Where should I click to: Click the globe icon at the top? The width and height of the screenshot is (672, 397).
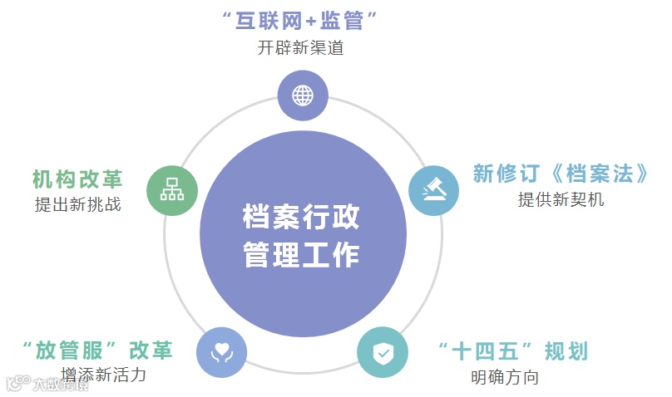click(x=302, y=95)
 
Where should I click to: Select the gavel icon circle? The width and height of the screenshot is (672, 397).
click(x=433, y=191)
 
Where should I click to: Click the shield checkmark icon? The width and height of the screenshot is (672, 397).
click(x=383, y=353)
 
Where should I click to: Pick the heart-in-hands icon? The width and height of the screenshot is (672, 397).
click(x=222, y=352)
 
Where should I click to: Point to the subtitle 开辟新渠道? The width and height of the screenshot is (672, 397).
click(x=301, y=47)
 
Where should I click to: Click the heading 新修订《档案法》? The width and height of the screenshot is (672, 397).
click(x=561, y=174)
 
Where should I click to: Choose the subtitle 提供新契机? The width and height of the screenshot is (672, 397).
click(x=561, y=199)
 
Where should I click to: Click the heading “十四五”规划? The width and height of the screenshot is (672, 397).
click(x=513, y=351)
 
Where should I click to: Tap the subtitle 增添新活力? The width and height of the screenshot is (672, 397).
click(x=104, y=375)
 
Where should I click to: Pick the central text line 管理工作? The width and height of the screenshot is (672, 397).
click(x=302, y=254)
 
